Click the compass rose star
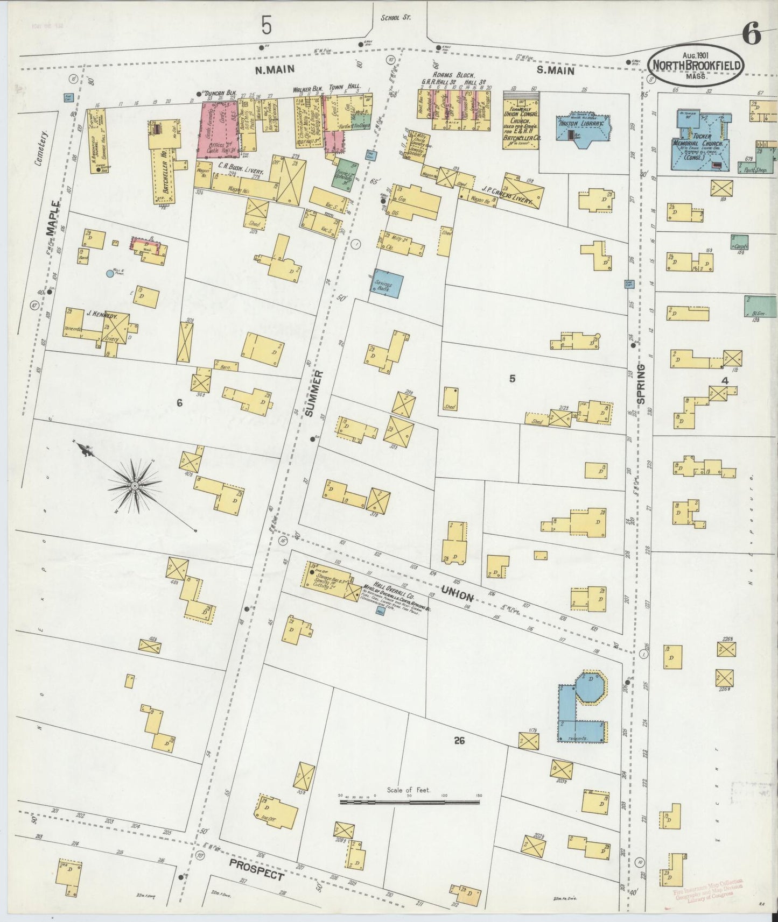(134, 486)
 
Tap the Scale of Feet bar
(409, 802)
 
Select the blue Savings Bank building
(386, 283)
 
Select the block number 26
(459, 741)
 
